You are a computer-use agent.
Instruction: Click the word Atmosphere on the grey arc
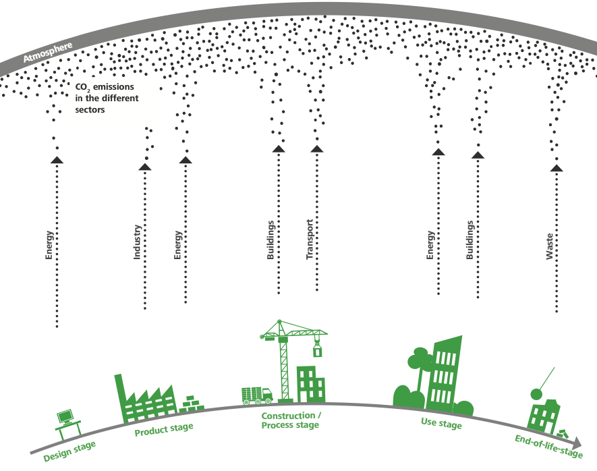(48, 53)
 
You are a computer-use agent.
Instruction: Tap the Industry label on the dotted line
(138, 242)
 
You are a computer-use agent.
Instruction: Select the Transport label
(310, 240)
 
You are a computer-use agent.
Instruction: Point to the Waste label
(550, 247)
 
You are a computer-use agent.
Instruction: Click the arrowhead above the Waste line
(557, 167)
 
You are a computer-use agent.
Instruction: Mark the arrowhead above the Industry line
(145, 166)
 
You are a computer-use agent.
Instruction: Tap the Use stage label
(441, 425)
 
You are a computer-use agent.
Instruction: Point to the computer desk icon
(67, 422)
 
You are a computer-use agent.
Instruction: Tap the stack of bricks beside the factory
(192, 404)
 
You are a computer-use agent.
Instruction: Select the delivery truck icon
(256, 395)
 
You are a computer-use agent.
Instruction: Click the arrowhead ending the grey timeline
(577, 443)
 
